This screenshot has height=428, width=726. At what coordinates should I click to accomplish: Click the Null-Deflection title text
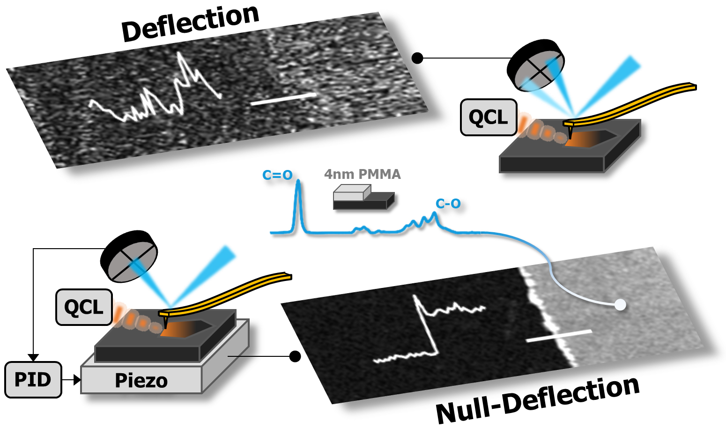(x=537, y=399)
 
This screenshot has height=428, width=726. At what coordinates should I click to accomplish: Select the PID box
(x=33, y=380)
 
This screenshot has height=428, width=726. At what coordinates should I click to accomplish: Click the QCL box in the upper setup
(x=489, y=118)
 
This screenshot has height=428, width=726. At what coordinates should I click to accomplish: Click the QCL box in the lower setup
(x=84, y=307)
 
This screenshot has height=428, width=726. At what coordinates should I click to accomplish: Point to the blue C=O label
(x=277, y=175)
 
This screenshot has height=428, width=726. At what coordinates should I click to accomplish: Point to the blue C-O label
(x=448, y=204)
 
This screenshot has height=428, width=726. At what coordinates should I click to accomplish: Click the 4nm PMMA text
(x=362, y=174)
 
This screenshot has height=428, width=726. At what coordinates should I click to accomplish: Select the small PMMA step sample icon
(x=363, y=197)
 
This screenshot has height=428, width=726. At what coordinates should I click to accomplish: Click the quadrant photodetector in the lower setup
(x=129, y=257)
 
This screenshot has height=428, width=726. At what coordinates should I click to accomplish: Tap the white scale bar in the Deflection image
(x=283, y=99)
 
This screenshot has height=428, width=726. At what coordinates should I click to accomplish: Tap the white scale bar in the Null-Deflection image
(x=558, y=336)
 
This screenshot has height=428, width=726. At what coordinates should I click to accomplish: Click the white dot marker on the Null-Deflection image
(x=620, y=305)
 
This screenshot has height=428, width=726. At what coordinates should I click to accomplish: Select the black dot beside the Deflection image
(x=417, y=58)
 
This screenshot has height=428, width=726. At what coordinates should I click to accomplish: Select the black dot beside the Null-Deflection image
(x=295, y=356)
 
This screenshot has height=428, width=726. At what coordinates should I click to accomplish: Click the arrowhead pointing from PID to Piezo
(x=77, y=380)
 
